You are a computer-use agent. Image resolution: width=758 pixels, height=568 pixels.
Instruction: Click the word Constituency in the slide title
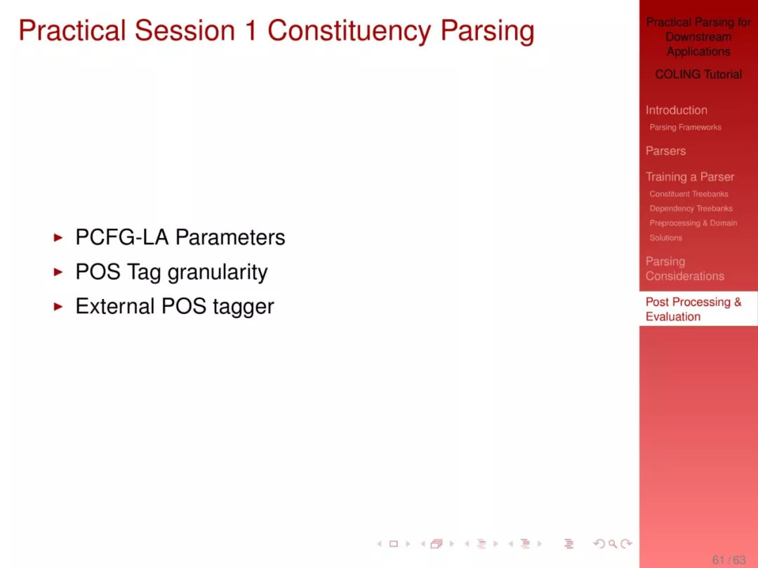pos(350,31)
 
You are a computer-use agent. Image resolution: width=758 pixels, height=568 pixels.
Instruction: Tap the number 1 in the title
pos(251,30)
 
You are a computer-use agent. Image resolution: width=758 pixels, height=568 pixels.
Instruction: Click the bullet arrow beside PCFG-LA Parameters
pos(58,237)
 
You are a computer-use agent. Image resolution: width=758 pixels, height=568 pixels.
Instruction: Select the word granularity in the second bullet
pos(218,272)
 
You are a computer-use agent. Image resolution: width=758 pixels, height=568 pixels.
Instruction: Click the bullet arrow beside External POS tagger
pos(58,307)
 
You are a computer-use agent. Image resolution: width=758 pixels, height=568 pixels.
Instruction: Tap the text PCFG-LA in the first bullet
pos(122,237)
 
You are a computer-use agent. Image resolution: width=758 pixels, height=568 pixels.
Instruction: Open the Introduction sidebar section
pos(677,110)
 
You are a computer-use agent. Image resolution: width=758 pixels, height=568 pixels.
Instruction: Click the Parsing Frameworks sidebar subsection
pos(685,127)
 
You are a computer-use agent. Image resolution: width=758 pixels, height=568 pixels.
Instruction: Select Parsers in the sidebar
pos(665,151)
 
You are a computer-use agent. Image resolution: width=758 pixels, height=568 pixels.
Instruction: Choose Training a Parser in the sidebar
pos(690,177)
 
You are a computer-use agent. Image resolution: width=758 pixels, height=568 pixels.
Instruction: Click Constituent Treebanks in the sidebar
pos(689,194)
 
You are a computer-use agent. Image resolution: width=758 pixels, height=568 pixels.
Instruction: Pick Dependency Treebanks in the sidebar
pos(691,209)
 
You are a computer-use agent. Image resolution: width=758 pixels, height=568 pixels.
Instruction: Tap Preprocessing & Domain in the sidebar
pos(693,223)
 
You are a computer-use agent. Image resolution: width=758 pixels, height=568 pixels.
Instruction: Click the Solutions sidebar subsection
pos(665,238)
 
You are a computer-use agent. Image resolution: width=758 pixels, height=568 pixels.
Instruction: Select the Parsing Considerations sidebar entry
pos(685,269)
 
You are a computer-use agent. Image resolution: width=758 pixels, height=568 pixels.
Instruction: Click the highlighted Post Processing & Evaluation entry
pos(693,310)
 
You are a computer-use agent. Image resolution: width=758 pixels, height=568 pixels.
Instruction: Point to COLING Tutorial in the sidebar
pos(698,74)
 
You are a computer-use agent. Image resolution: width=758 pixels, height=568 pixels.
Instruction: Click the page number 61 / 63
pos(729,560)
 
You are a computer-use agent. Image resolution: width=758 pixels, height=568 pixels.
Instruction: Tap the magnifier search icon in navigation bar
pos(613,544)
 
